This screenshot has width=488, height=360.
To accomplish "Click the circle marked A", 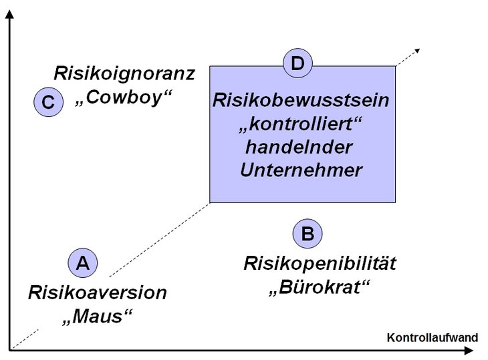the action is pyautogui.click(x=83, y=262).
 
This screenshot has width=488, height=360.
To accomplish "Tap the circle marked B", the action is pyautogui.click(x=308, y=234).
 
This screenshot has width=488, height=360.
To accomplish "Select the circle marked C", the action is pyautogui.click(x=49, y=102).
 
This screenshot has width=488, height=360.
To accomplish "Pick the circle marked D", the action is pyautogui.click(x=298, y=63).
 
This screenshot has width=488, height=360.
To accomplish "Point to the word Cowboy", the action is pyautogui.click(x=124, y=98).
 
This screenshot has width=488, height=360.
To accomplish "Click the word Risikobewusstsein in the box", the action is pyautogui.click(x=301, y=100).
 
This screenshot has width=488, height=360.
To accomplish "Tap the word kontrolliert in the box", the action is pyautogui.click(x=300, y=124).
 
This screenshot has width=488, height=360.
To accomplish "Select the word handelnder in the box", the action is pyautogui.click(x=299, y=147).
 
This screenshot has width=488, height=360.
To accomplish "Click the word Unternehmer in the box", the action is pyautogui.click(x=301, y=170).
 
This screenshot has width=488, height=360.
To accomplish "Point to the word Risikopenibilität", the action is pyautogui.click(x=320, y=264).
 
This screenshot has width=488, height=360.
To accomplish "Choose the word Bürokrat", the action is pyautogui.click(x=319, y=287).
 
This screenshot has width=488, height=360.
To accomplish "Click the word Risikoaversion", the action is pyautogui.click(x=98, y=293).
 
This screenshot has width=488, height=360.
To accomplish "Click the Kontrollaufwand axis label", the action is pyautogui.click(x=433, y=337).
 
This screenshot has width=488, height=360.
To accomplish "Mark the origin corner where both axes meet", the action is pyautogui.click(x=9, y=351).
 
